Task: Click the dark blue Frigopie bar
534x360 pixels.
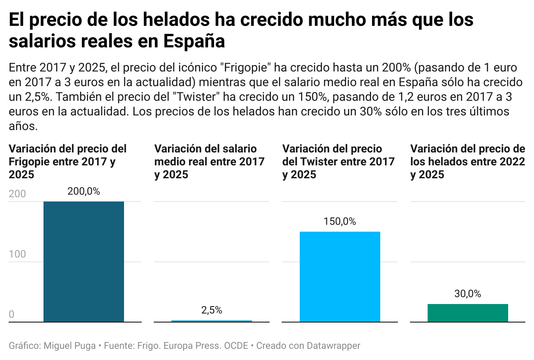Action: tap(84, 261)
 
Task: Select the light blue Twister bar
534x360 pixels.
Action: tap(340, 276)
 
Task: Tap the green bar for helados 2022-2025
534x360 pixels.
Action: tap(468, 313)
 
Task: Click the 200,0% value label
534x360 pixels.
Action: tap(84, 192)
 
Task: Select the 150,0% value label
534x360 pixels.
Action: tap(340, 222)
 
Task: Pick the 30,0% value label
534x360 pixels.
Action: tap(468, 294)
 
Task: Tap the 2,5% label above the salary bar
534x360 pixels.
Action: tap(211, 310)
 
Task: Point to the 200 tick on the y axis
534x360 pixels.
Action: tap(17, 194)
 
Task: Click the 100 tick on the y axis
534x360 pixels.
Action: tap(17, 254)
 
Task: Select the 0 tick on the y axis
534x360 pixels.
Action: tap(12, 315)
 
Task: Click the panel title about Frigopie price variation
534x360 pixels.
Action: tap(68, 161)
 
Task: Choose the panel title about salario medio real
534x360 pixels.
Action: tap(209, 161)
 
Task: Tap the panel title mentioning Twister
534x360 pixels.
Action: tap(338, 161)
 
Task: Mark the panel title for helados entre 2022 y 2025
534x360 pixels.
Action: tap(468, 161)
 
